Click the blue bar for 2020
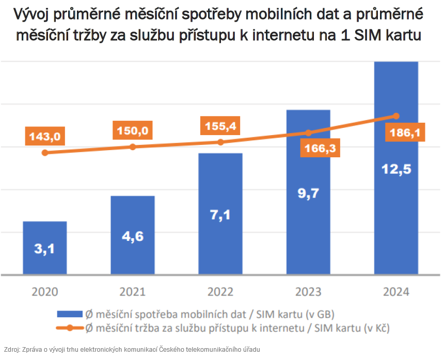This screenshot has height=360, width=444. pos(45,248)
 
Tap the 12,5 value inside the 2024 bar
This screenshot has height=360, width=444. pos(396,169)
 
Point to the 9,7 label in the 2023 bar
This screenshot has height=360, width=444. pos(308,193)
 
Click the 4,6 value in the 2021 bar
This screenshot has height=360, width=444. pos(133,238)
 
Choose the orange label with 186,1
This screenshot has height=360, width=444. pos(405,133)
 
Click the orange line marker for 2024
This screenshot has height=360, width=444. pos(396,116)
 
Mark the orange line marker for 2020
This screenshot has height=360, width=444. pos(45,153)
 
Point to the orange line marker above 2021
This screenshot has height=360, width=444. pos(133,147)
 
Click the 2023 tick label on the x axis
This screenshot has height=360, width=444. pos(308,291)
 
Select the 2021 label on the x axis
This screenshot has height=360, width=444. pos(133,291)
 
